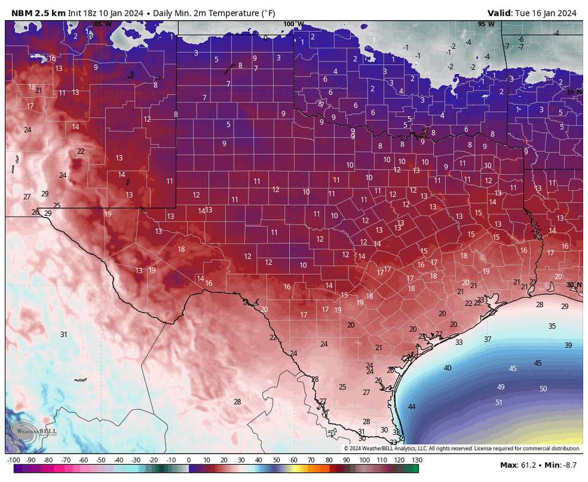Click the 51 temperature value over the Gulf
[x=499, y=402]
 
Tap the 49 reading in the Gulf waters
[x=500, y=387]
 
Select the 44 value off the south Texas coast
[x=412, y=407]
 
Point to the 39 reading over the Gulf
[x=568, y=345]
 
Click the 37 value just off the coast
[x=488, y=339]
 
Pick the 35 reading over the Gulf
[x=552, y=326]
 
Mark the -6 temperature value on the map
[x=521, y=39]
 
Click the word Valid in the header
[x=500, y=13]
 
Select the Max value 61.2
[x=520, y=465]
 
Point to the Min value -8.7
[x=562, y=465]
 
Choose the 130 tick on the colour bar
[x=417, y=459]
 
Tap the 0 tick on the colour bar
[x=189, y=459]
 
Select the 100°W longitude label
[x=293, y=24]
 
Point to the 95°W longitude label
[x=486, y=24]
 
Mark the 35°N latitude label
[x=573, y=92]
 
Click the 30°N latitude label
[x=573, y=284]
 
